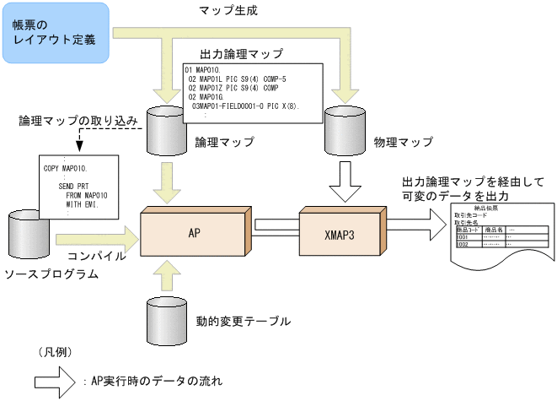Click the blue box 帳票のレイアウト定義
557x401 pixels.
[x=55, y=33]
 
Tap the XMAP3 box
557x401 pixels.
[x=338, y=229]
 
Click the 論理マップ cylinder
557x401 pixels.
[x=166, y=127]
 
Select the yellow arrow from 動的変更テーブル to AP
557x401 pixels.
[x=166, y=272]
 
